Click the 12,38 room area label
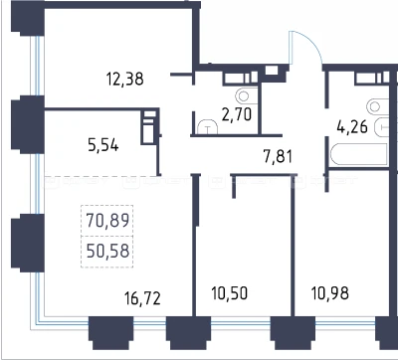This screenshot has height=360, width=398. click(x=125, y=80)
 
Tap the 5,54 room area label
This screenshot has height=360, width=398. click(x=103, y=145)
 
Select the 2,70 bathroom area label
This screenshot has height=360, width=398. click(x=237, y=114)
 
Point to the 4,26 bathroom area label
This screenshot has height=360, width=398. click(x=352, y=126)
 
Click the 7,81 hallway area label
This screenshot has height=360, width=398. click(x=278, y=156)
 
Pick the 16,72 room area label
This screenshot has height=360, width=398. click(x=143, y=298)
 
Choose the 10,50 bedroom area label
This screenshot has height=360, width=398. click(x=230, y=293)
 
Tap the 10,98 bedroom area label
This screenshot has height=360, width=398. click(x=330, y=293)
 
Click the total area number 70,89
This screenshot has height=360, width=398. click(x=107, y=220)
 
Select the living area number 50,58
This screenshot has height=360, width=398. click(x=107, y=252)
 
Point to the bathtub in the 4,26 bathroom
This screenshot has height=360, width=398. click(x=359, y=154)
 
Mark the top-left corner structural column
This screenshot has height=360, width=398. click(x=28, y=18)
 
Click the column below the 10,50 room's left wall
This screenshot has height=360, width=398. click(x=188, y=333)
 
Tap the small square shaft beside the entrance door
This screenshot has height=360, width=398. click(x=272, y=71)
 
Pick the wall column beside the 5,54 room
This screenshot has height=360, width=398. click(x=28, y=124)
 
